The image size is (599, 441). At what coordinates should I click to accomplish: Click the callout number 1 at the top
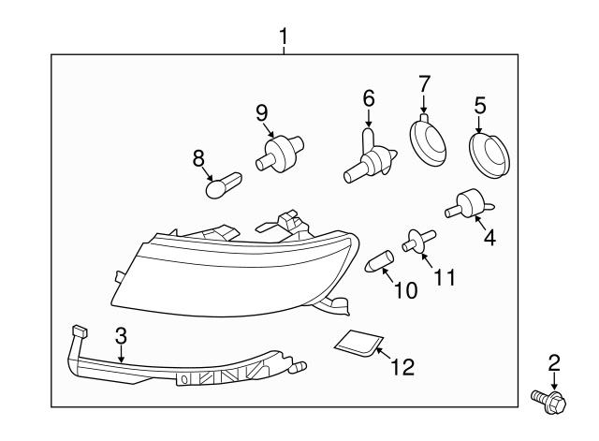(284, 37)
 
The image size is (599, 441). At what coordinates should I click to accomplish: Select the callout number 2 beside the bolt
(553, 362)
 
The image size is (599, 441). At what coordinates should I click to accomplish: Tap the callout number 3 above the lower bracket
(121, 335)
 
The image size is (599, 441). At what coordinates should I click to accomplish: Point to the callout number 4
(489, 238)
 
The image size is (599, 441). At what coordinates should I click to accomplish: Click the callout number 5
(480, 107)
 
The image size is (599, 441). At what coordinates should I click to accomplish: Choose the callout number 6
(368, 97)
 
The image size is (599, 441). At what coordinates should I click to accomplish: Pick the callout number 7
(423, 82)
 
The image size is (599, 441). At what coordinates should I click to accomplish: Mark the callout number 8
(198, 158)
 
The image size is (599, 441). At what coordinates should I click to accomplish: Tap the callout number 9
(262, 112)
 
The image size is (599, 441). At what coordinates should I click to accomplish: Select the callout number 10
(406, 290)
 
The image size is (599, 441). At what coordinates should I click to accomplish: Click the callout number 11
(445, 278)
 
